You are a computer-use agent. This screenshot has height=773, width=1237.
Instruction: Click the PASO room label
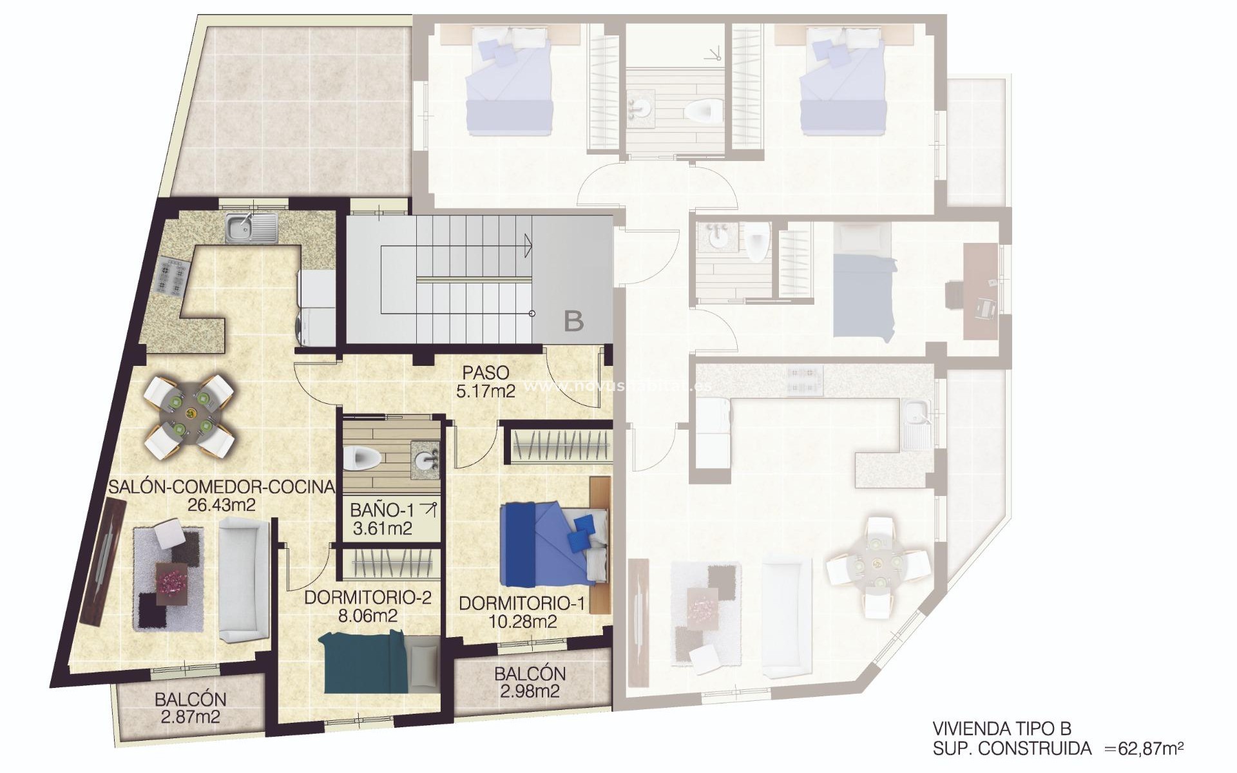click(x=485, y=373)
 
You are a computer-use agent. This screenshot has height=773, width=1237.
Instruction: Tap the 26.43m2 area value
click(x=221, y=505)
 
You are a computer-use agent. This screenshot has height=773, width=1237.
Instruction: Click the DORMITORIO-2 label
click(x=367, y=598)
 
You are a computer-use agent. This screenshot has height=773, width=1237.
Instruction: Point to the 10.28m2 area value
click(x=522, y=622)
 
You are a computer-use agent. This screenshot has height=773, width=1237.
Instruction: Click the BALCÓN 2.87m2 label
click(x=190, y=708)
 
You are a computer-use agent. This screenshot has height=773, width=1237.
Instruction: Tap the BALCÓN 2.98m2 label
click(x=530, y=683)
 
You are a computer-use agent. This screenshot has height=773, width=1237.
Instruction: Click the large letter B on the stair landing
click(x=573, y=321)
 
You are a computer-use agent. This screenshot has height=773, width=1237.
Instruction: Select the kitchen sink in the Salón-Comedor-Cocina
click(x=251, y=228)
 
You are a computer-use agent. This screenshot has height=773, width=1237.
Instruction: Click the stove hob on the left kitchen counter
click(x=171, y=276)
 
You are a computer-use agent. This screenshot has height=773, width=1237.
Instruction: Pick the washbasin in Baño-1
click(x=426, y=459)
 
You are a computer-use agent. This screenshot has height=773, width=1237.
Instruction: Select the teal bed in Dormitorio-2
click(x=367, y=663)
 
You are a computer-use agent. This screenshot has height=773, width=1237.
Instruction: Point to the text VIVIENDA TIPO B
click(x=1001, y=729)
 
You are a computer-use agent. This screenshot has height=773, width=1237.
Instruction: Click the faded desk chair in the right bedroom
click(x=984, y=309)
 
